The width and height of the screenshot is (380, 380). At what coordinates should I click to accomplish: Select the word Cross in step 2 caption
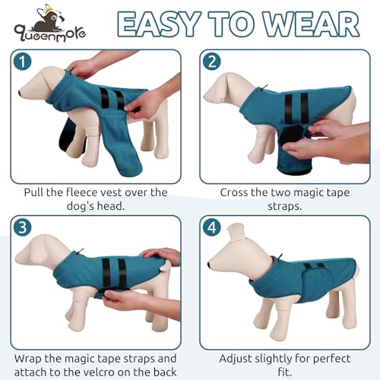click(237, 192)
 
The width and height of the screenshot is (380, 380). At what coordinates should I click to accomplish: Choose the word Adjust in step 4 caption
click(237, 358)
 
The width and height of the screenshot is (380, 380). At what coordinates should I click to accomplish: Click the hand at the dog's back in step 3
click(158, 255)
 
